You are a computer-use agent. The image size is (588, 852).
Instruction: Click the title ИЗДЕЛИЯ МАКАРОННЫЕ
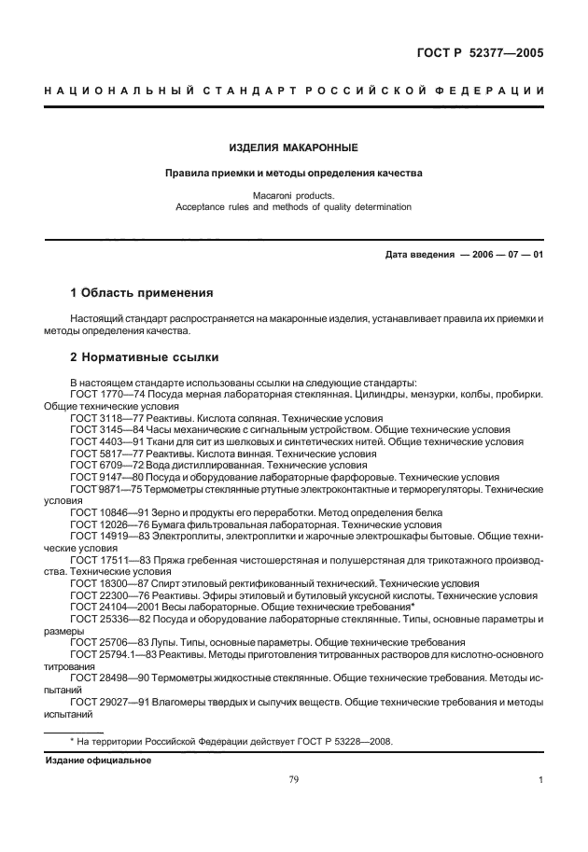click(294, 147)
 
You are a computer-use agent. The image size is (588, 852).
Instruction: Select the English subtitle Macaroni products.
click(294, 195)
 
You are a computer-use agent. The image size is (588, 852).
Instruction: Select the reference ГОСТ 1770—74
click(104, 395)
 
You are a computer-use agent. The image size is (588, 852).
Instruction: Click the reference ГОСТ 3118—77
click(104, 418)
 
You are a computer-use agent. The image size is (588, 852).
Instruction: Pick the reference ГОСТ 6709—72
click(104, 465)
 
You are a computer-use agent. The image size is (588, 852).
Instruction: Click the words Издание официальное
click(99, 761)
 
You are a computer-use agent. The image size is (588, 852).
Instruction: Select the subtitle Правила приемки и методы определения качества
click(294, 173)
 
